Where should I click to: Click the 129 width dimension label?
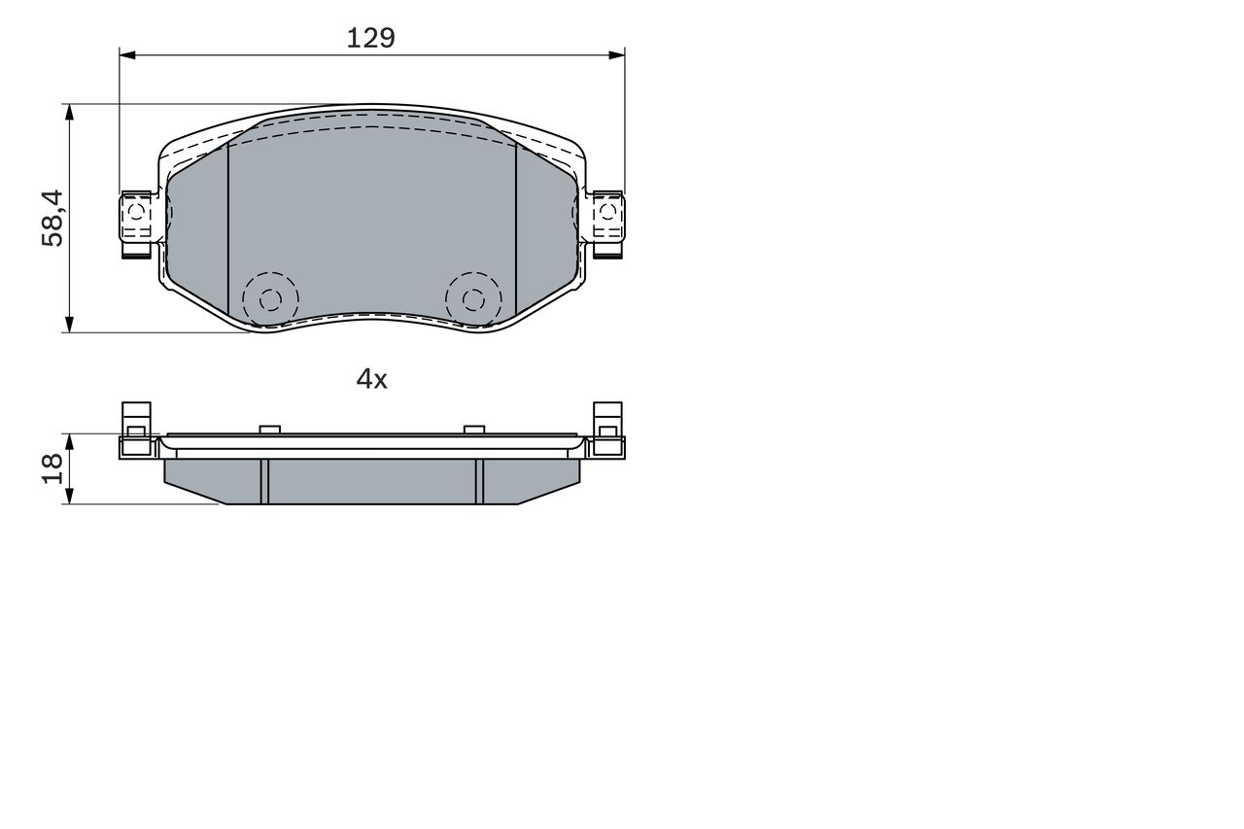[371, 38]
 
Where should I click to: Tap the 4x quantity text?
[371, 379]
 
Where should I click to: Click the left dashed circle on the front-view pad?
[270, 298]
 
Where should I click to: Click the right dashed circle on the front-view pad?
[472, 298]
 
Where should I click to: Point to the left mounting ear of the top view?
[136, 219]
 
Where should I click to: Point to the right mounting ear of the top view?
[607, 219]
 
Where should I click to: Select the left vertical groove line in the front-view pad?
[226, 228]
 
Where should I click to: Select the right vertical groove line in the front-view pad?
[515, 228]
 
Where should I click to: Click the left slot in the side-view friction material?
[263, 481]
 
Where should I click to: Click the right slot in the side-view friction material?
[479, 481]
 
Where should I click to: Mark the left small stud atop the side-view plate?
[270, 430]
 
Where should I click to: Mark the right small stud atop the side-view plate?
[473, 430]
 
